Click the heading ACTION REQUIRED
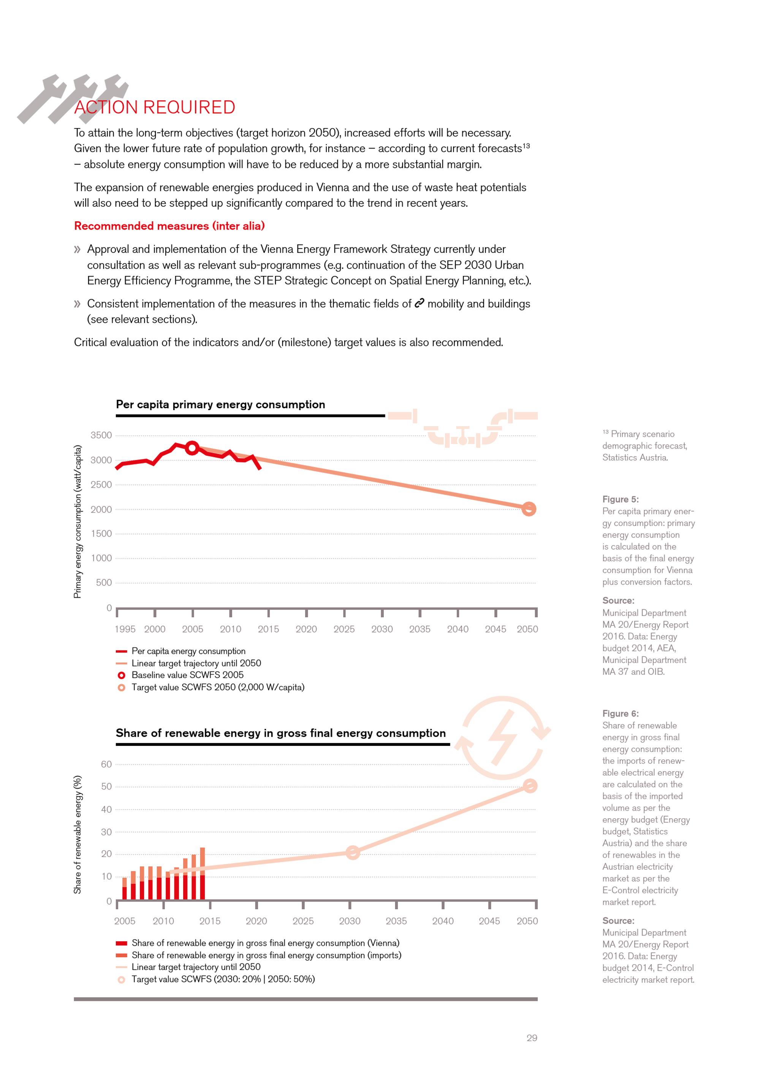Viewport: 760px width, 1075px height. [154, 107]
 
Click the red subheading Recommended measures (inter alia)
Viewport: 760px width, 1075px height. [169, 226]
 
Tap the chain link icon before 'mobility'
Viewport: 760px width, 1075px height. [419, 303]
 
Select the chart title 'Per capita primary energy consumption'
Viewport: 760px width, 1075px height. [220, 404]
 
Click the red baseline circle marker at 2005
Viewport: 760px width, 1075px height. [192, 448]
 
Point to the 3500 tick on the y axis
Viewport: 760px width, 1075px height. [101, 435]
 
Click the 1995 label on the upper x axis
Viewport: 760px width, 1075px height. [125, 629]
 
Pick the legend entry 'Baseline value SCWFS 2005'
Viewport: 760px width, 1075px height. [187, 675]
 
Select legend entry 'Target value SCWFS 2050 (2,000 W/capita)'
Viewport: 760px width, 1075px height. [218, 687]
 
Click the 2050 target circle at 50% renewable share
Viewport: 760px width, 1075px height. [530, 786]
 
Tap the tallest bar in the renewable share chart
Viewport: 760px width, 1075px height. [202, 873]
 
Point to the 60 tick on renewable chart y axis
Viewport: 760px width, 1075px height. [106, 764]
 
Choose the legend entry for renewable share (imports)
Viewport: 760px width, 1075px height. [266, 955]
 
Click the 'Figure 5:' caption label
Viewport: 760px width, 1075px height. [620, 499]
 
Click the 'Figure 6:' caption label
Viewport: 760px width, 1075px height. [620, 713]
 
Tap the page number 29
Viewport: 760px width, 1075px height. [532, 1038]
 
